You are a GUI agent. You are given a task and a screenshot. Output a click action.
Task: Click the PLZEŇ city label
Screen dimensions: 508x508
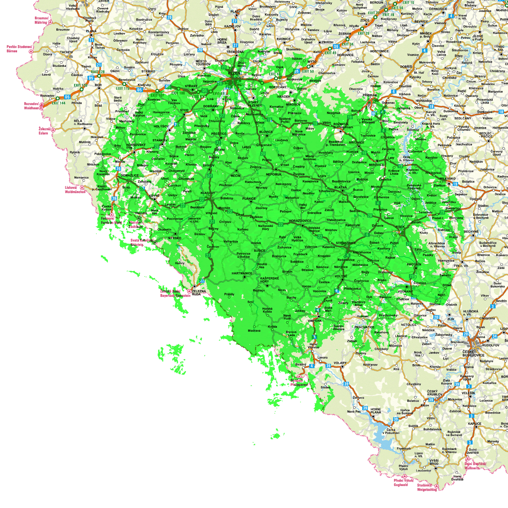click(234, 73)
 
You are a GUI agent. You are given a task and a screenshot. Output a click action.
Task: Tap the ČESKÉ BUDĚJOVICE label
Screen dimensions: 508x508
click(473, 353)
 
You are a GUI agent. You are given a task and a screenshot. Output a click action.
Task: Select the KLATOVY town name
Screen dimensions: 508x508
click(208, 193)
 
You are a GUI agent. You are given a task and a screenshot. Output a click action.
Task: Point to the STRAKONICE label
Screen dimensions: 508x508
click(346, 243)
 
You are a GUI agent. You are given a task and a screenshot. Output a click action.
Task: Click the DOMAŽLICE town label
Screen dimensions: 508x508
click(130, 175)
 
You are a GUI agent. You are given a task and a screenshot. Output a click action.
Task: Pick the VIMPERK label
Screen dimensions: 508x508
click(315, 321)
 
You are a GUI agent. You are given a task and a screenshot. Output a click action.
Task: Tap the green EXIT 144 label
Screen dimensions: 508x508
click(58, 103)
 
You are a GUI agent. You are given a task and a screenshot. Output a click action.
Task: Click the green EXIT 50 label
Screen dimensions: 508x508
click(308, 71)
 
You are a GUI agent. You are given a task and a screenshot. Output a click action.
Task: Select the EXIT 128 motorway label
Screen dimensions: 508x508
click(98, 72)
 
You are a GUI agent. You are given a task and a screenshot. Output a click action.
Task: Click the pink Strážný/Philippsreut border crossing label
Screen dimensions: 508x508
click(299, 383)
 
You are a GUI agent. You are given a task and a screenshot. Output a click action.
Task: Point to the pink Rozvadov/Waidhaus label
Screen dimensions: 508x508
click(31, 106)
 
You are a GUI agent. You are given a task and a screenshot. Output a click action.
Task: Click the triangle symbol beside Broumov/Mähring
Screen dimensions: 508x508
click(50, 22)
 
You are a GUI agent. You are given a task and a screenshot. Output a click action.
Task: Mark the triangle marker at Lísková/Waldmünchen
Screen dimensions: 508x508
click(82, 188)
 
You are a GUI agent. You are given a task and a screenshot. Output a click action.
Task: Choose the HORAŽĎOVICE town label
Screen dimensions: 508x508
click(300, 221)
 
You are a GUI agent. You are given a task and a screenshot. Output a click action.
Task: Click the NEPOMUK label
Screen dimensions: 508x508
click(274, 174)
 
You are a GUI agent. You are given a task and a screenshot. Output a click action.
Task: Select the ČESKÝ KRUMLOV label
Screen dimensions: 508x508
click(435, 393)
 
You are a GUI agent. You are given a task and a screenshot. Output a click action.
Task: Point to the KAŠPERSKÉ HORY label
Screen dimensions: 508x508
click(269, 280)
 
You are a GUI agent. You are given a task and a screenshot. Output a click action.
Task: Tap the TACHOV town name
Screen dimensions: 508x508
click(66, 52)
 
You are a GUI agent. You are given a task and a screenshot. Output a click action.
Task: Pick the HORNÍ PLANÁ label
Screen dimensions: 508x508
click(375, 411)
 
